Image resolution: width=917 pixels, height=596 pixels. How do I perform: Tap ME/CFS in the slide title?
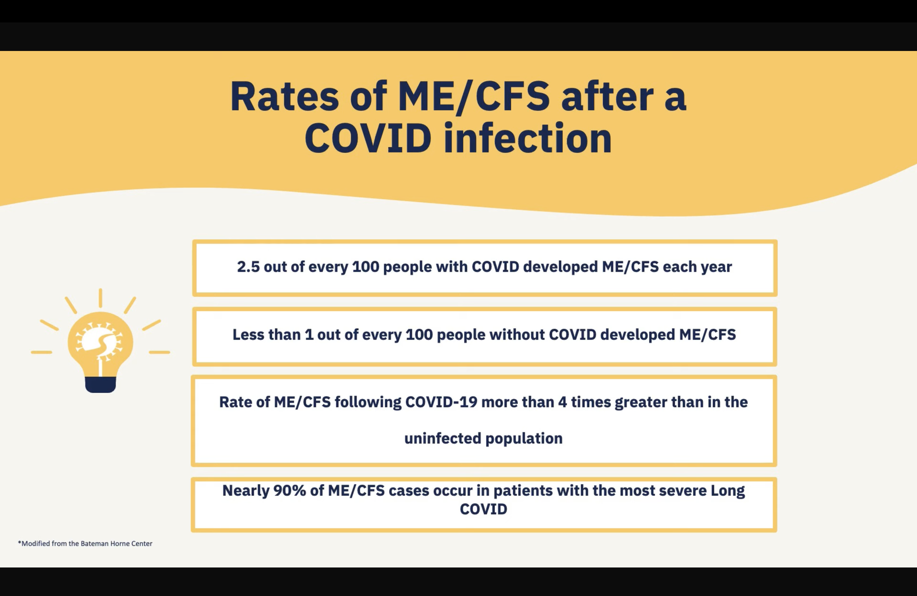(x=474, y=97)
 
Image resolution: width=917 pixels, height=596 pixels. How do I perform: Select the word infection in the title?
(x=528, y=138)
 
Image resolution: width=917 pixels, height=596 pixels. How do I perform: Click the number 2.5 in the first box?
(x=248, y=267)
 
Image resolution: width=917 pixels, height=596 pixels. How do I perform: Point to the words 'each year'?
(x=697, y=267)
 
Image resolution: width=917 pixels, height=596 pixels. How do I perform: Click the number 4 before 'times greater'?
(x=563, y=402)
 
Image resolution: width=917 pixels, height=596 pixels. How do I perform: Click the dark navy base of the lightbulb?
(x=101, y=385)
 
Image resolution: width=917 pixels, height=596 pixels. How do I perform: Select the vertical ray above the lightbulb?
(x=101, y=298)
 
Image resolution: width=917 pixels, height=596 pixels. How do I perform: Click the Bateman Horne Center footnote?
(x=85, y=544)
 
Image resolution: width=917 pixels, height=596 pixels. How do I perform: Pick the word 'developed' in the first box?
(x=561, y=267)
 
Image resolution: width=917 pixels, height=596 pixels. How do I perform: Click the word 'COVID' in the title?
(x=368, y=138)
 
